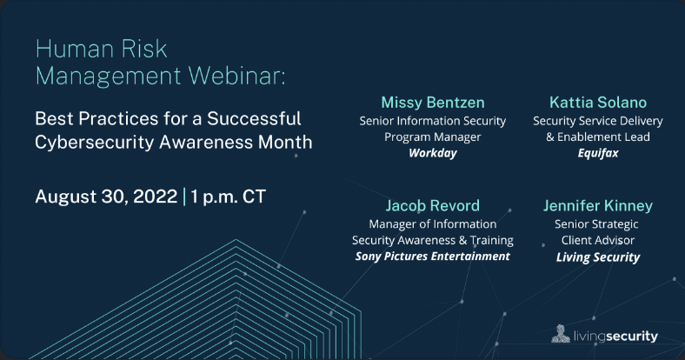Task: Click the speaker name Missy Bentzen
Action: [433, 103]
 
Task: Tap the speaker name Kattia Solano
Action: [598, 103]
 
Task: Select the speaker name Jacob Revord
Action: [433, 206]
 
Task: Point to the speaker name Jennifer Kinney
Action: [598, 206]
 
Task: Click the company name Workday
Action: [433, 153]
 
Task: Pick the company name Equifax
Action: [598, 153]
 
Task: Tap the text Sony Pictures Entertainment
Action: [433, 257]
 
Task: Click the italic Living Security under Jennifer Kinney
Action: [598, 257]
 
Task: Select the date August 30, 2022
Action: [106, 197]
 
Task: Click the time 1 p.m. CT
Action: [228, 197]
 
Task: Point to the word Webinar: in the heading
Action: [236, 76]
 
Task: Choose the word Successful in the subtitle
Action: [254, 119]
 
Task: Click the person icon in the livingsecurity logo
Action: [561, 334]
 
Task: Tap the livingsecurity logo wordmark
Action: [615, 336]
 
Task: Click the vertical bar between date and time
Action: [184, 197]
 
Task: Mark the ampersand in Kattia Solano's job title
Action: [550, 137]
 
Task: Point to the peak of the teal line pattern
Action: [236, 240]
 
